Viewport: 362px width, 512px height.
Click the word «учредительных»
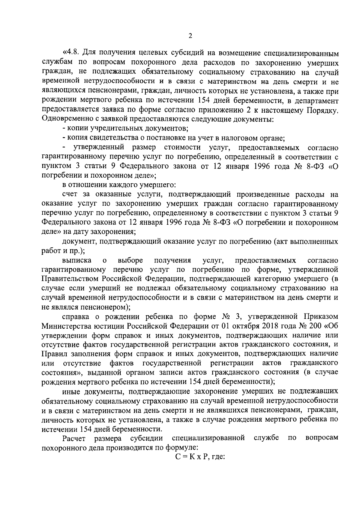point(110,129)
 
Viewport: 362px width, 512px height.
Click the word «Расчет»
point(74,438)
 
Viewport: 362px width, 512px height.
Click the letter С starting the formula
point(178,457)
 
